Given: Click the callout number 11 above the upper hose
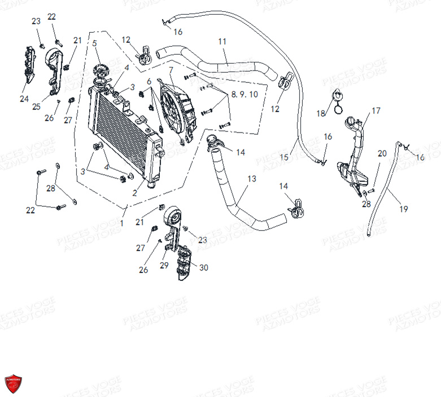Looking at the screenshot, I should coord(222,41).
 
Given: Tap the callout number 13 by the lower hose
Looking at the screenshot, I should coord(251,179).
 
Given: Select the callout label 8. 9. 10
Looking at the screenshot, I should coord(244,94).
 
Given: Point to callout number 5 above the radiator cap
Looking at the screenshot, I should coord(94,43).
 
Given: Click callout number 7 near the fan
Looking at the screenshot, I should coord(171,70).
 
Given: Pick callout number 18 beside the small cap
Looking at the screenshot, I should coord(321,113).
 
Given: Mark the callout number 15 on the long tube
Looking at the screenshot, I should coord(284,157).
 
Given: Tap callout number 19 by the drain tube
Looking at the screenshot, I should coord(403,209).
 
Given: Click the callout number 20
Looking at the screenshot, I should coord(382,153).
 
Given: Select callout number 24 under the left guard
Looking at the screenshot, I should coord(24,99).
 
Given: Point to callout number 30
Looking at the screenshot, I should coord(203,267).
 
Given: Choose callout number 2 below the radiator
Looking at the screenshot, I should coord(134,193).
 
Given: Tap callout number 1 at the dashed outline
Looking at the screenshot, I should coord(121,223).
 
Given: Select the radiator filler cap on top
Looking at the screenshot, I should coord(100,72).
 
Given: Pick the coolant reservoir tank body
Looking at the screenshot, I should coord(348,172).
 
